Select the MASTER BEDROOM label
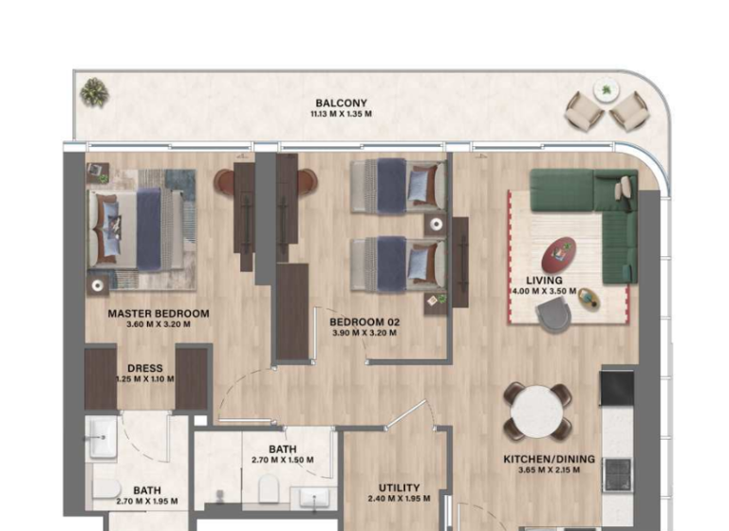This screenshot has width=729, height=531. tap(158, 313)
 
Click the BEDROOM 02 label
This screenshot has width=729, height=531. tap(365, 322)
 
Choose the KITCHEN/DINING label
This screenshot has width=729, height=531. tap(549, 459)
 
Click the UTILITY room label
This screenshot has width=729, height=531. tap(399, 487)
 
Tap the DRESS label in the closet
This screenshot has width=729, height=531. tap(145, 368)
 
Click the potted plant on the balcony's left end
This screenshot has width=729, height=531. tap(94, 92)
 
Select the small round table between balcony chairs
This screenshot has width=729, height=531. tap(605, 91)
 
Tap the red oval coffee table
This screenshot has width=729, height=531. tap(558, 253)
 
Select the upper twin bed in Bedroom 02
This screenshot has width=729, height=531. tap(398, 185)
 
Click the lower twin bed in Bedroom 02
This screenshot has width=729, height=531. tap(398, 263)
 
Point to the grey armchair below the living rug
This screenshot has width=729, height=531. tap(553, 317)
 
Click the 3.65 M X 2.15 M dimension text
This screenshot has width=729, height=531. tap(549, 471)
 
